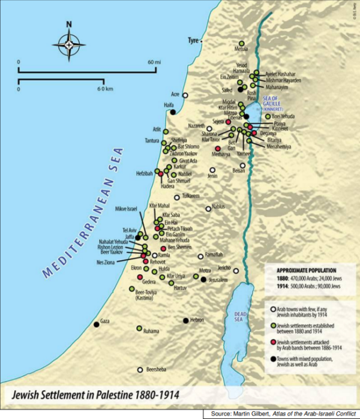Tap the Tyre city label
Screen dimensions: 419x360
click(193, 41)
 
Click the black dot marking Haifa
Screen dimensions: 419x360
click(173, 112)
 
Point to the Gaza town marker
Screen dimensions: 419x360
click(96, 324)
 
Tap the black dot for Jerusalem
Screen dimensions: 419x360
click(204, 280)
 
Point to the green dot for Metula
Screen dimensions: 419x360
click(242, 44)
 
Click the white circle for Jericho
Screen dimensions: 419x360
click(237, 271)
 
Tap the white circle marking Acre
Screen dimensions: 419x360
click(186, 95)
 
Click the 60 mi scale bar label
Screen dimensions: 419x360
click(154, 62)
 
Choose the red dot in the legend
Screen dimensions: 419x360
click(265, 339)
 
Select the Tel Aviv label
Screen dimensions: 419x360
click(130, 230)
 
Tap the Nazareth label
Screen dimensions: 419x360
click(196, 126)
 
